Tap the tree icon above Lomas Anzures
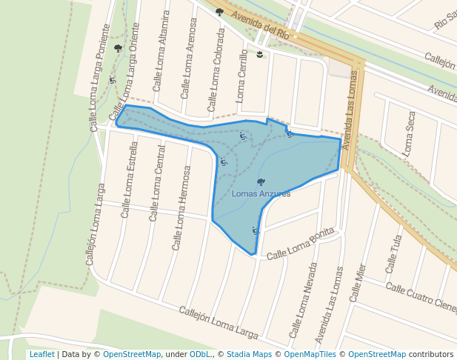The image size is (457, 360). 261,181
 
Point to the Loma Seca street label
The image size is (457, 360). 408,133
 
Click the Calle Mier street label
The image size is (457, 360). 358,282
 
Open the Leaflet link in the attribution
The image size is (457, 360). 41,354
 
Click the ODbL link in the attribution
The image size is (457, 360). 201,354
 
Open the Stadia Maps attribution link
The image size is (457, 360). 249,354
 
